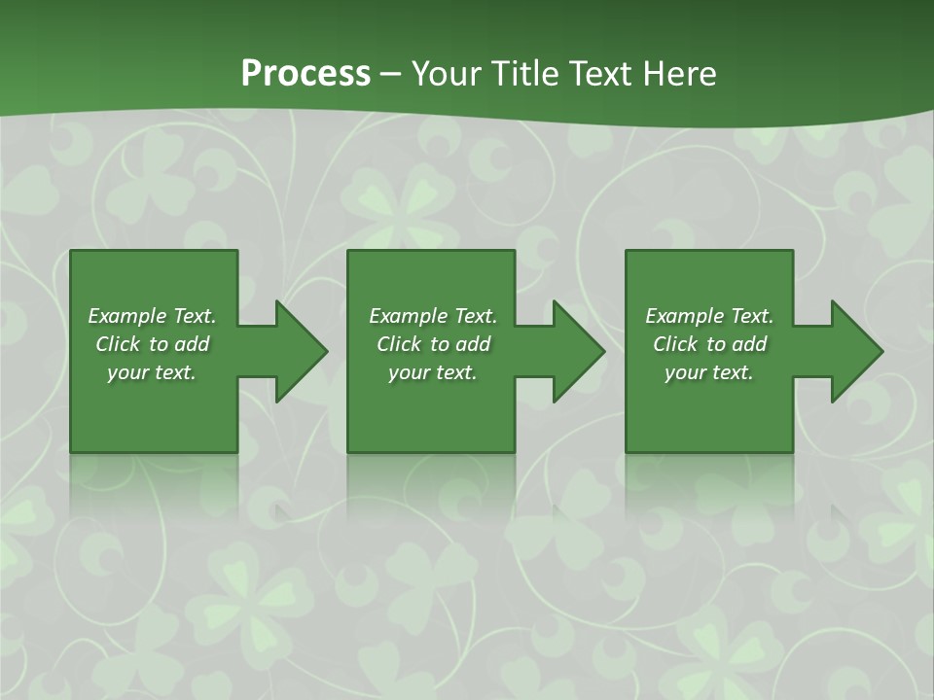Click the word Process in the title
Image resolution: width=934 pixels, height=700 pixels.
click(305, 74)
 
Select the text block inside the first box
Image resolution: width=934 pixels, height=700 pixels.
click(153, 344)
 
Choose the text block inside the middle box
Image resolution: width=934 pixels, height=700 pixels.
click(433, 344)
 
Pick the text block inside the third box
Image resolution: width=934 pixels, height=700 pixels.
click(709, 344)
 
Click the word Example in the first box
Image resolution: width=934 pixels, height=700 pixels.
click(127, 316)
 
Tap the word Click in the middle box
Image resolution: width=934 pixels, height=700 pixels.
click(399, 344)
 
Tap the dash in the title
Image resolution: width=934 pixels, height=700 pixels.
click(390, 74)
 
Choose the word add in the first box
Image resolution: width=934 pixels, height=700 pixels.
click(193, 344)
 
